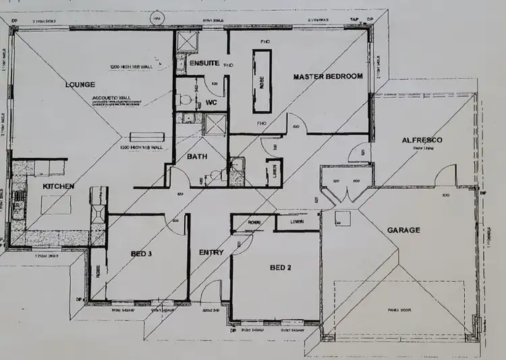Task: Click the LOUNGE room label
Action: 80,84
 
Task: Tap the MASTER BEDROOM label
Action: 328,76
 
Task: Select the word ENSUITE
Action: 203,63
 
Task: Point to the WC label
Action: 212,102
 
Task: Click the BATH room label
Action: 198,157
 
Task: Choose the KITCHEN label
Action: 58,185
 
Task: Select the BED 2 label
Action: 280,268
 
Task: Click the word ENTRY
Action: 211,252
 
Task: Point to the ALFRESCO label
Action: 422,140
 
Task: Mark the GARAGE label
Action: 403,230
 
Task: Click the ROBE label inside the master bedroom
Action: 261,81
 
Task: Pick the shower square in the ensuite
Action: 186,42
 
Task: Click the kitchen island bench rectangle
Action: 56,204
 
